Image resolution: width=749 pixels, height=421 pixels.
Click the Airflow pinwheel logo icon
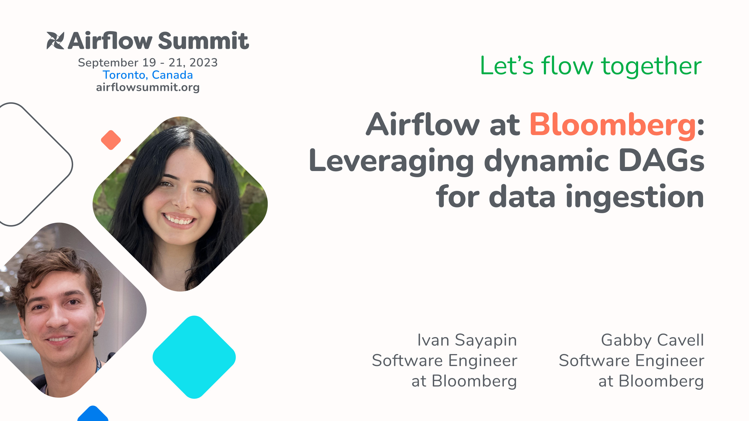click(x=55, y=41)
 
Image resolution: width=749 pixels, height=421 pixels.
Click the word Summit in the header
click(x=203, y=41)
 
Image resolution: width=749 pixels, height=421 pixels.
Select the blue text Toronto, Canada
click(x=148, y=75)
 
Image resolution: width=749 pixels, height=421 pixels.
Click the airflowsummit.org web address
click(x=148, y=87)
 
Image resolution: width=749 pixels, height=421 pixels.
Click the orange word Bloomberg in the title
click(x=613, y=125)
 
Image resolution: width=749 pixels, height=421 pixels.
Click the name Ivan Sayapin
click(x=467, y=340)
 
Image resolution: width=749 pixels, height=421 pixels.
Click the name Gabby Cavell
click(x=652, y=340)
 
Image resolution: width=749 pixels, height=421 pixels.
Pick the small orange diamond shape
click(x=111, y=140)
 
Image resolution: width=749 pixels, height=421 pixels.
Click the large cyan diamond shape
click(x=194, y=357)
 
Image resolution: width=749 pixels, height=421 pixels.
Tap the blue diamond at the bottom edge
click(x=93, y=415)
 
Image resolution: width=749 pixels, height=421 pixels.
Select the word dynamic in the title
click(x=547, y=161)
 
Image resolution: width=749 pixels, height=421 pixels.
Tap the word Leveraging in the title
click(x=391, y=161)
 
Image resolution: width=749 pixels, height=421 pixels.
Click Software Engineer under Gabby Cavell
click(x=631, y=360)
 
